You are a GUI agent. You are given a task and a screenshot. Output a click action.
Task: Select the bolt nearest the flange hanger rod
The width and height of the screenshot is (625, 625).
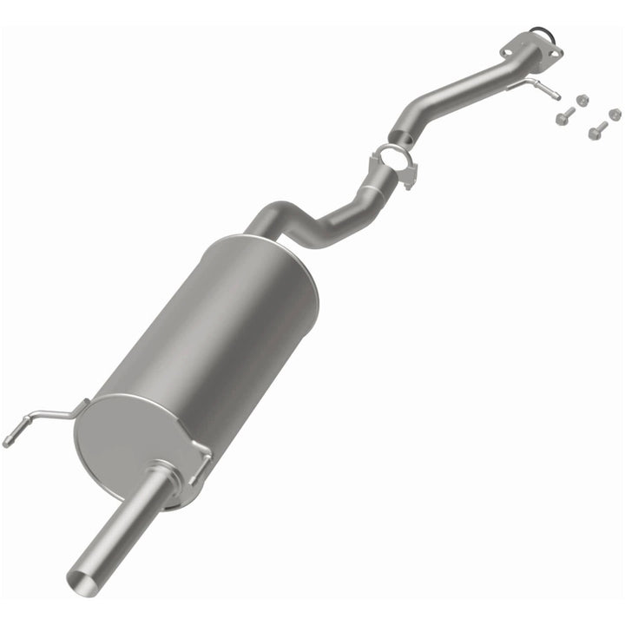565,115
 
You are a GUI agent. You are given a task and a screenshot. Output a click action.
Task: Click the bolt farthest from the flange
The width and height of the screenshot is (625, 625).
596,131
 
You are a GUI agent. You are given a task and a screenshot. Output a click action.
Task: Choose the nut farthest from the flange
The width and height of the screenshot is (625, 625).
615,114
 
